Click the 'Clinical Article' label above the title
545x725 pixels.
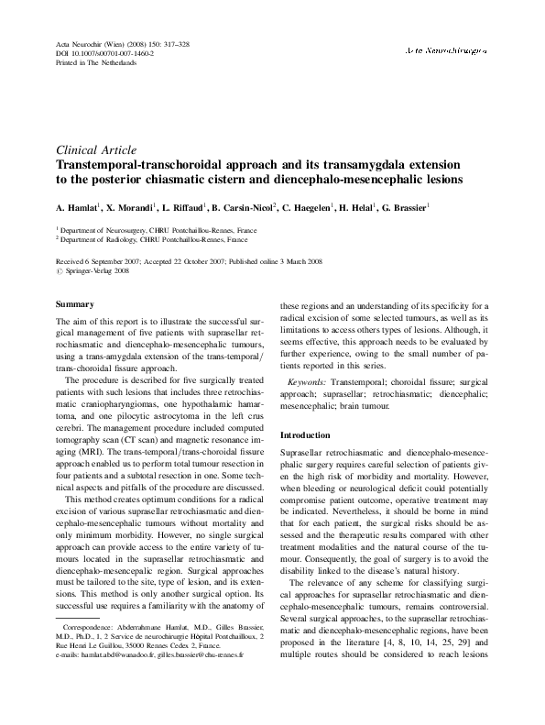[x=96, y=149]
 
